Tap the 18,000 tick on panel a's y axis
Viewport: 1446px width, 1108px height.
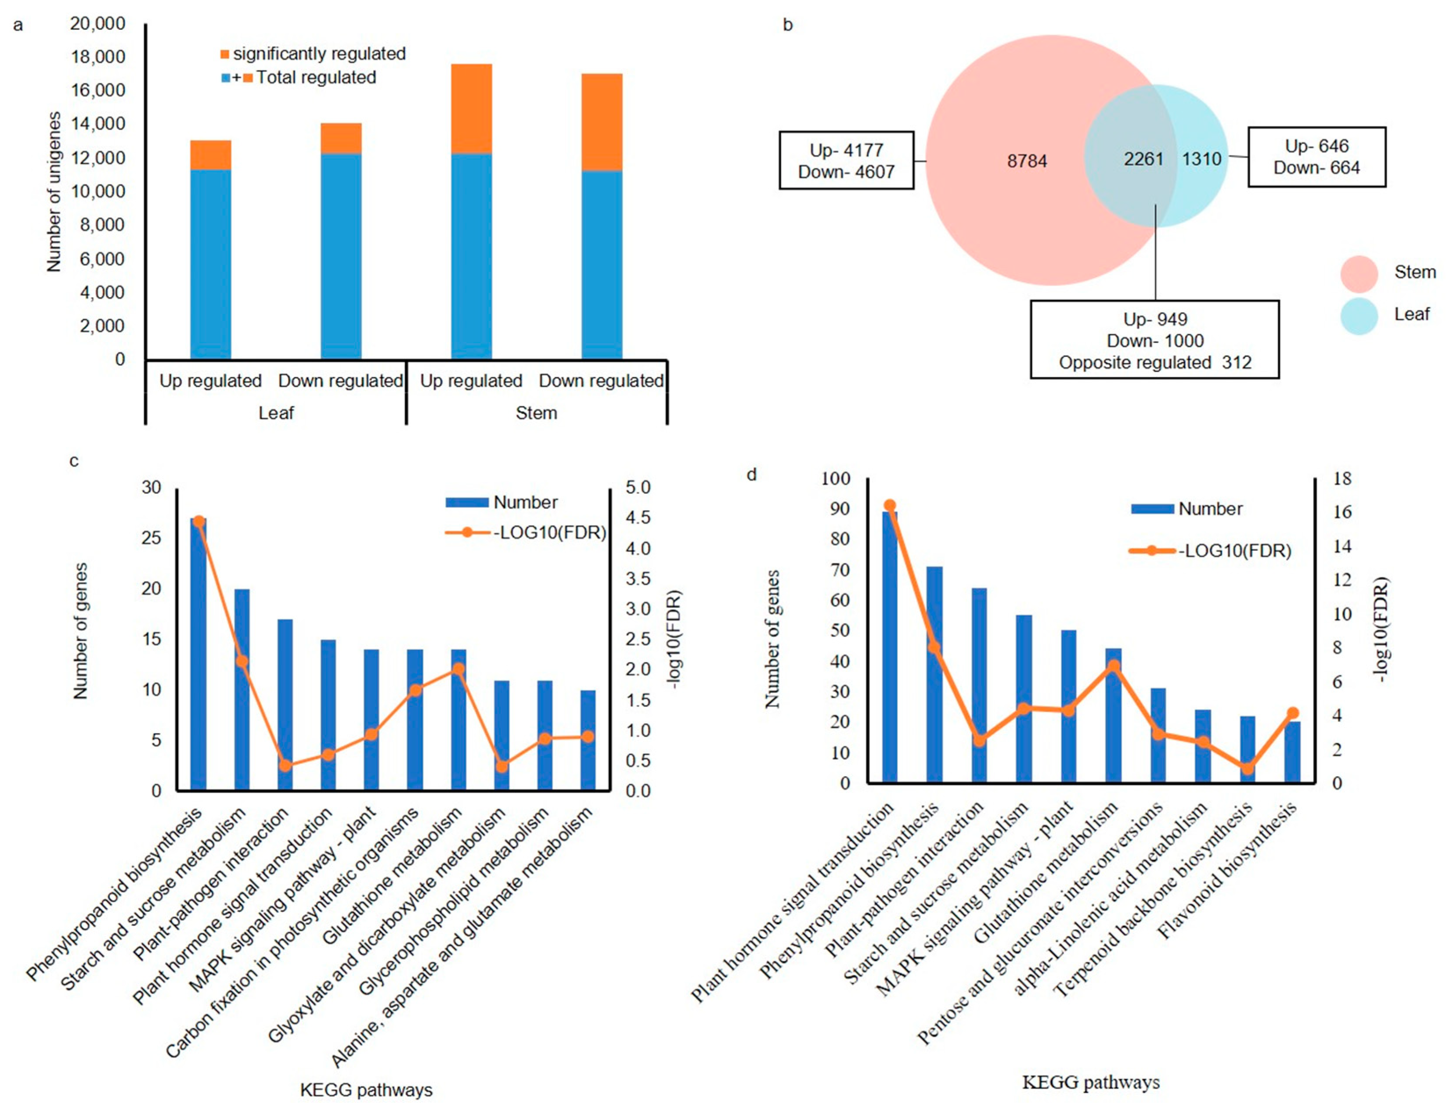point(97,57)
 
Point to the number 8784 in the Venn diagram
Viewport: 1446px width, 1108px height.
point(1027,161)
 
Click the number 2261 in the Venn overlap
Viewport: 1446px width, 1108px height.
point(1143,159)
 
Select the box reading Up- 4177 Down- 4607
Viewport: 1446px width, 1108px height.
point(846,160)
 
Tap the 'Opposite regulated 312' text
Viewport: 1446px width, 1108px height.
point(1154,362)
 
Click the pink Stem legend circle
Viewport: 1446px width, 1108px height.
point(1359,273)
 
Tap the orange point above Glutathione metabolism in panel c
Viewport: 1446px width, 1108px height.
point(458,669)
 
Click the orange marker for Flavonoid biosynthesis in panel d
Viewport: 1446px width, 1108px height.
point(1292,713)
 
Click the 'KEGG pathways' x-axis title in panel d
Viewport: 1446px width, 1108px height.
point(1090,1082)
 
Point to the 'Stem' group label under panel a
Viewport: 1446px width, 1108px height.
point(536,413)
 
